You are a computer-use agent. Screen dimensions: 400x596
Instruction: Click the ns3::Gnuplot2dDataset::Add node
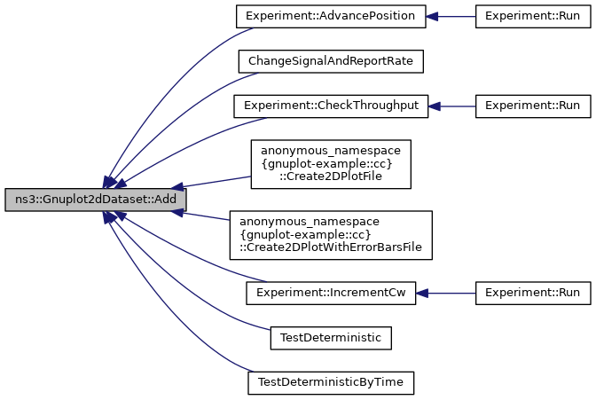pos(95,200)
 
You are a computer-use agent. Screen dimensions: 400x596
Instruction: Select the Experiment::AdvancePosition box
pos(331,16)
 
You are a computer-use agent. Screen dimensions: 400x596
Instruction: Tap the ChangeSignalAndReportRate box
pos(331,61)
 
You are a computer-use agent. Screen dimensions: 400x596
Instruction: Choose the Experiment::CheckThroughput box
pos(331,106)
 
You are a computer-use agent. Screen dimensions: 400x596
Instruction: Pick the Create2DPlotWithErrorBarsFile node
pos(331,235)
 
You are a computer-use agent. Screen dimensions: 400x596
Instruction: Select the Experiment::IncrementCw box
pos(331,293)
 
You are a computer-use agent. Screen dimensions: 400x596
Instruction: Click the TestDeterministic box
pos(331,338)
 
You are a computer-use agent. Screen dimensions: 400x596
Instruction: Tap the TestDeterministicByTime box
pos(331,382)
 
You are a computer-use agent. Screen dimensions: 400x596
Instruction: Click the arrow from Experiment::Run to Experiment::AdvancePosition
pos(452,16)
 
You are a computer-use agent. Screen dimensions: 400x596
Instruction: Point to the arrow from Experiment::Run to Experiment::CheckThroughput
pos(452,106)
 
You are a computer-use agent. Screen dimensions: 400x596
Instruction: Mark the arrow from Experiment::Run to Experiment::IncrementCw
pos(447,293)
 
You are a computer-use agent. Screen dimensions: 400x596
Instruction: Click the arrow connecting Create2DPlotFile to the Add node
pos(213,182)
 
